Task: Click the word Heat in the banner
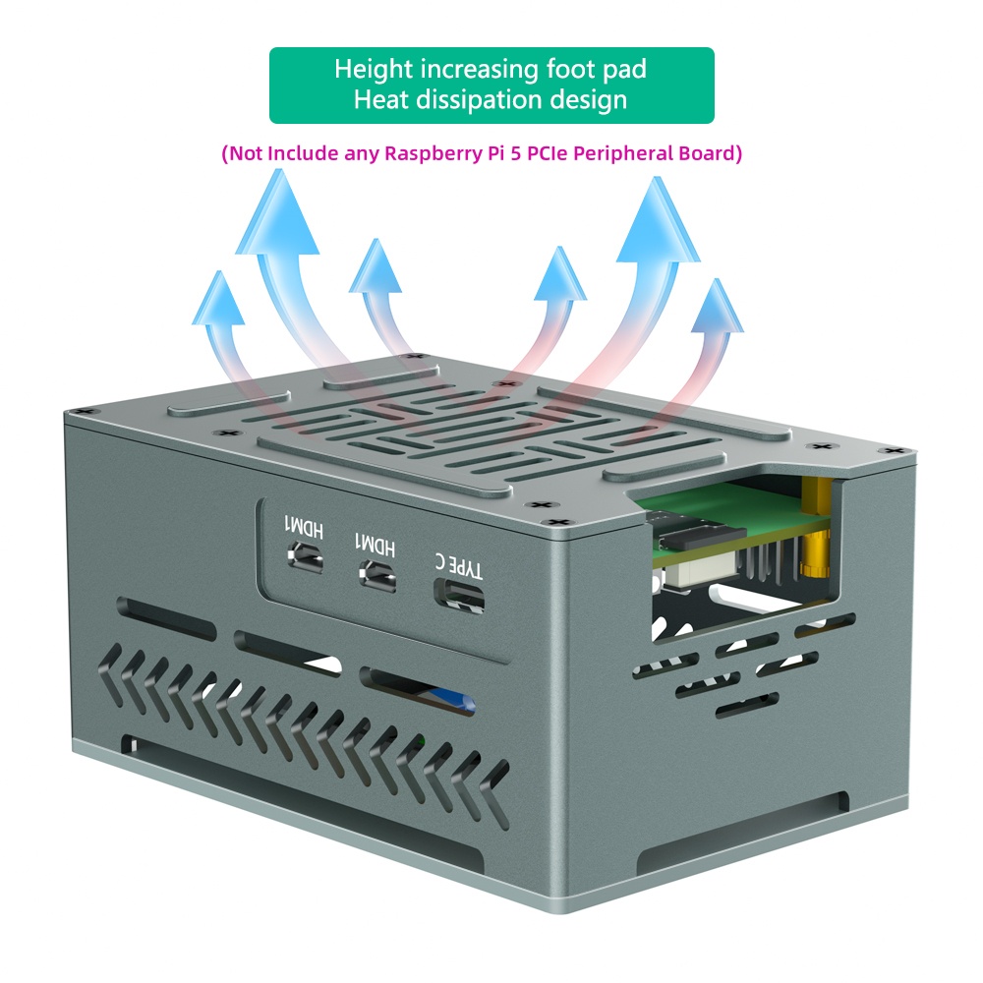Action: point(380,99)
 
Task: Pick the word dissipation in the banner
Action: point(479,100)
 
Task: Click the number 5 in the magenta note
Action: point(515,153)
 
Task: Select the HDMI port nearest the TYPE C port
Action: point(377,575)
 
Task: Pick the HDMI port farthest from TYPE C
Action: point(306,555)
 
